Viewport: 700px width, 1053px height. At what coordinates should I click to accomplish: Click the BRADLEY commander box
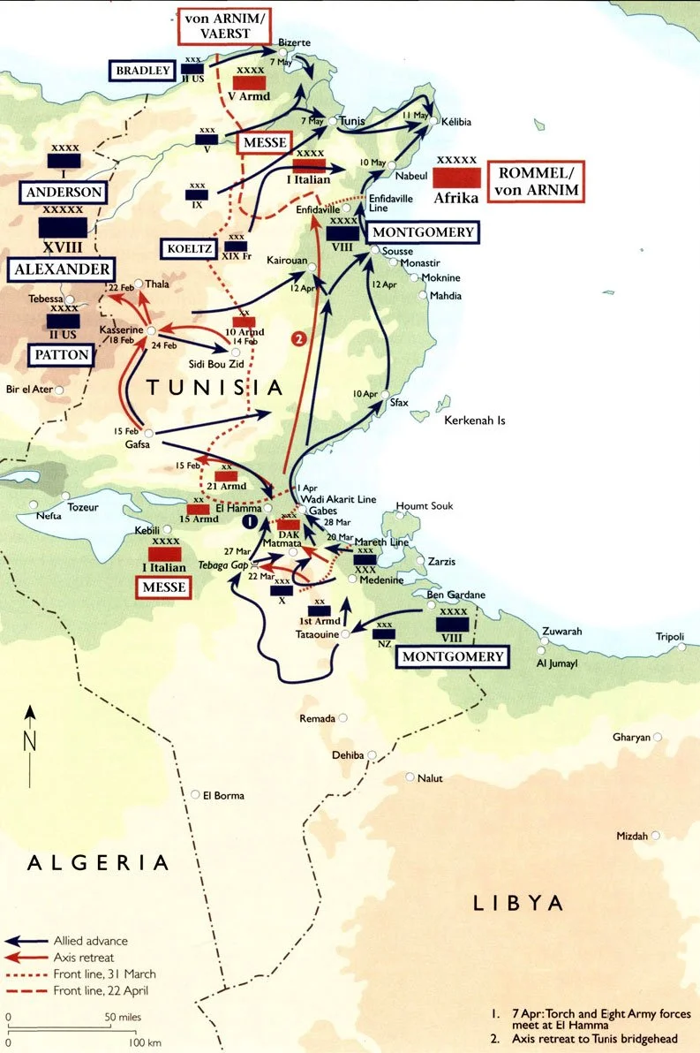(140, 72)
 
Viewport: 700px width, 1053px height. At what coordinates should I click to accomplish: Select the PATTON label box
(63, 355)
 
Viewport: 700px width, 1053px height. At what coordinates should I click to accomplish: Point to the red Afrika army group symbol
(456, 177)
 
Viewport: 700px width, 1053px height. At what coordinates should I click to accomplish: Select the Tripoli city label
(669, 637)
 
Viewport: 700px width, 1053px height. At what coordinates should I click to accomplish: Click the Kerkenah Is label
(475, 420)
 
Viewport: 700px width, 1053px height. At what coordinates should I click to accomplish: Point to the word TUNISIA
(215, 387)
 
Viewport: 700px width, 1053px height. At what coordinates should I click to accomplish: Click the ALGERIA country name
(98, 861)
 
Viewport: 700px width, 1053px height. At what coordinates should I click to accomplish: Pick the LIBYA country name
(518, 902)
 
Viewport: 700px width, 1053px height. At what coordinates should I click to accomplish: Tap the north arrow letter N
(30, 740)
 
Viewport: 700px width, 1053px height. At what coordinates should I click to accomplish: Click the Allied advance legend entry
(90, 941)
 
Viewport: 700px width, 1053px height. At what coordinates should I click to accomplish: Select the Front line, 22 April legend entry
(101, 991)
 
